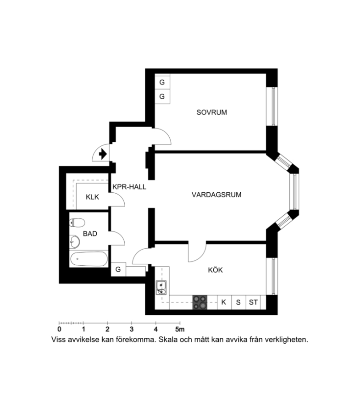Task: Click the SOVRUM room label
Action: click(211, 112)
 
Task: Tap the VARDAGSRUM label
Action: click(216, 195)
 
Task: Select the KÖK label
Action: click(215, 270)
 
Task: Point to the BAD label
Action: click(90, 234)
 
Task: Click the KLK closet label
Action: click(92, 197)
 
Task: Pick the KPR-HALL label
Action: click(129, 187)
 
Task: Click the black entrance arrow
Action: click(103, 154)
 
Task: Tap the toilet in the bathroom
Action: click(77, 223)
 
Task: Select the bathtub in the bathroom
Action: click(89, 259)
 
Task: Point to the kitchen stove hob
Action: click(200, 302)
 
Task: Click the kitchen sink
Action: click(161, 288)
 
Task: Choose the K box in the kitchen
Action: click(224, 302)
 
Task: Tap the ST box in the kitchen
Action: click(253, 302)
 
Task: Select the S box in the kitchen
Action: click(238, 302)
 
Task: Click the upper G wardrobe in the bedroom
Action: click(162, 82)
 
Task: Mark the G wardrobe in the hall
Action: click(118, 269)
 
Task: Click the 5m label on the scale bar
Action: click(180, 329)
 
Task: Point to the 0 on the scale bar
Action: click(59, 329)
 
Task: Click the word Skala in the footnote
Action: click(168, 340)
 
